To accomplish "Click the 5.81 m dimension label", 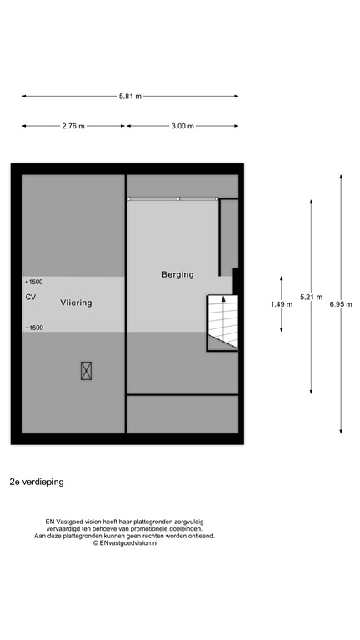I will (130, 97).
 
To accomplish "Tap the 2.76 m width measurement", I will (73, 126).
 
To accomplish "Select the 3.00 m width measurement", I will (182, 126).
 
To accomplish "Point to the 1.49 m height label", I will (282, 304).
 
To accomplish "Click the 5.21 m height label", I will (311, 297).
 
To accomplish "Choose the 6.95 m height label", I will (341, 304).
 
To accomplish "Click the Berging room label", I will (177, 274).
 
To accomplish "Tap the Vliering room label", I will (76, 303).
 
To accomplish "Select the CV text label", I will (31, 297).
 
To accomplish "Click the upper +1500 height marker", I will (34, 282).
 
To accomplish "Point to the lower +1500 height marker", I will (34, 327).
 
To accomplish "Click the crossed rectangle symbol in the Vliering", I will (86, 371).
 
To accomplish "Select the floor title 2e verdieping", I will (37, 482).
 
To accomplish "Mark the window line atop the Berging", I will (173, 198).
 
